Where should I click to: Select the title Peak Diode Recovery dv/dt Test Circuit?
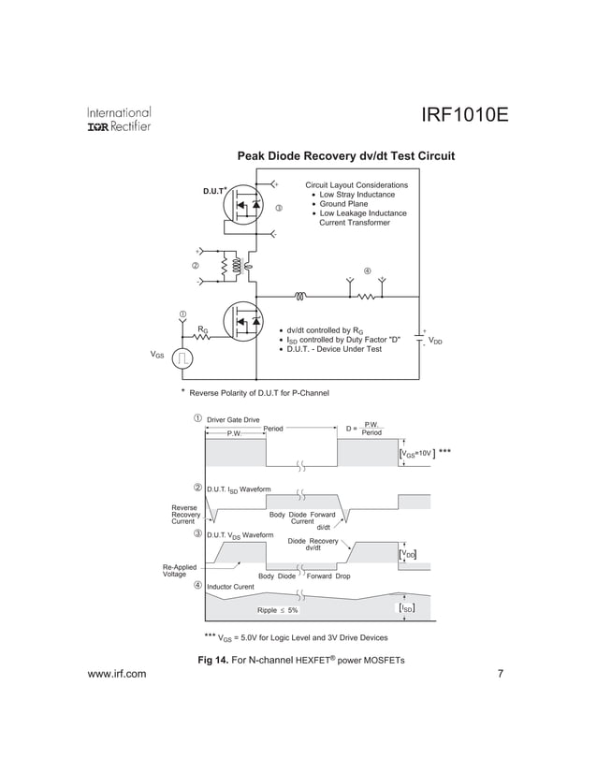tap(345, 155)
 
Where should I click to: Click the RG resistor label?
tap(202, 328)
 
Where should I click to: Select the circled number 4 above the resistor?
tap(367, 271)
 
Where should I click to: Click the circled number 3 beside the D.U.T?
tap(279, 208)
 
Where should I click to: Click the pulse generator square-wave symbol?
tap(183, 357)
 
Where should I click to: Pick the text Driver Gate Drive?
tap(233, 419)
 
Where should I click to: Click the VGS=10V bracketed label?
tap(416, 453)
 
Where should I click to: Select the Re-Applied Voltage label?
tap(180, 571)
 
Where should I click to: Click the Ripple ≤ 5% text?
tap(278, 610)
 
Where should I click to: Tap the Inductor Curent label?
tap(229, 587)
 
